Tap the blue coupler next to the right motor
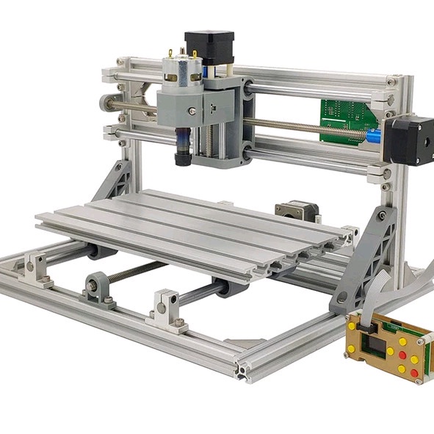(374, 135)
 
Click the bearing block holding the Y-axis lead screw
(98, 286)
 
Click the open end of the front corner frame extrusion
(242, 369)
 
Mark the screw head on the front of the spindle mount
(192, 112)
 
